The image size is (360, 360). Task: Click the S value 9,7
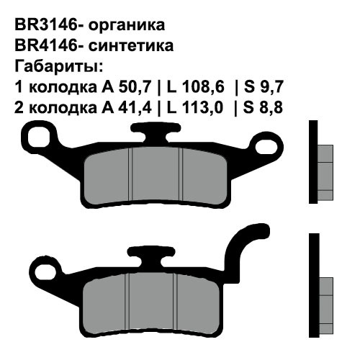[271, 87]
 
